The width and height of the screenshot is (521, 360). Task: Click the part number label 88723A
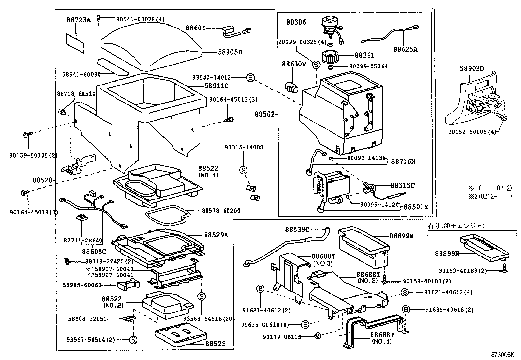point(79,20)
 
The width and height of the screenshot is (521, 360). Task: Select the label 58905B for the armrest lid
point(230,52)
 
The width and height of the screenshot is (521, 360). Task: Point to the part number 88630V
point(294,64)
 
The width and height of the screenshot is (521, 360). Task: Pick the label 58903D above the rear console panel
point(472,68)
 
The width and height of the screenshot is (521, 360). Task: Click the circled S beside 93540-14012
point(250,78)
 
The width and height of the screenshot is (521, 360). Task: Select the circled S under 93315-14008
point(243,170)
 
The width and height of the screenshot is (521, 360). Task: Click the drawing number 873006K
point(502,355)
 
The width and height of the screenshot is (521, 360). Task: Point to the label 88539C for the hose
point(297,229)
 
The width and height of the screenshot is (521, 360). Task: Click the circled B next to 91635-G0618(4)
point(305,325)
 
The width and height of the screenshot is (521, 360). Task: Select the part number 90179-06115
point(282,337)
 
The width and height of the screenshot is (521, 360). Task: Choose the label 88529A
point(216,235)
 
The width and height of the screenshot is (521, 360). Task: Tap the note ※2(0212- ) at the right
point(489,196)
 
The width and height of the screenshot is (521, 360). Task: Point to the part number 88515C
point(403,186)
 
